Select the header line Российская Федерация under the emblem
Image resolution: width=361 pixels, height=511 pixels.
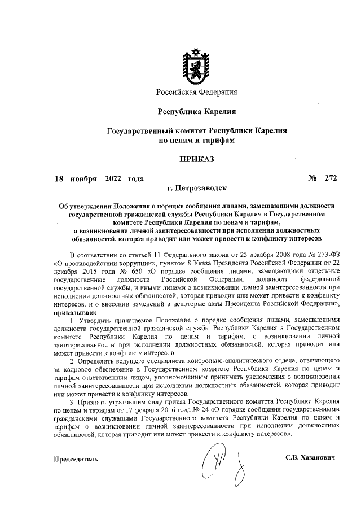click(197, 92)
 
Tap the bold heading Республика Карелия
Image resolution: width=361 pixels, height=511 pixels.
click(196, 111)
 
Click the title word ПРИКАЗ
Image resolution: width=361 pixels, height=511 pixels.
click(197, 159)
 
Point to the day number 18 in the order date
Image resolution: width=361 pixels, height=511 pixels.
click(59, 178)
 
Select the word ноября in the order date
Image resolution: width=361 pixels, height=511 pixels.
click(84, 178)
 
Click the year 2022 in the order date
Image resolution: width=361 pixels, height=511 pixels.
click(114, 178)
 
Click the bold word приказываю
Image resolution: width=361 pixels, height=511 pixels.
click(74, 311)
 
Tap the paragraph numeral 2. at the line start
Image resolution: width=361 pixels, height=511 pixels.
click(72, 359)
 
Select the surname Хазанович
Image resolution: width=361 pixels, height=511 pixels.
click(316, 457)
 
